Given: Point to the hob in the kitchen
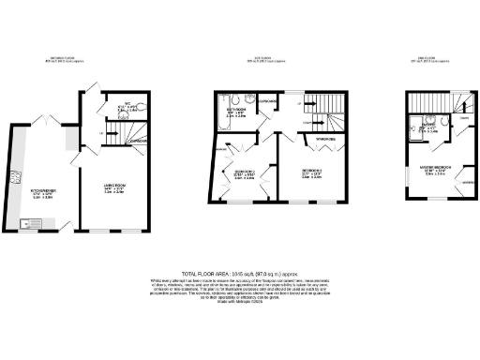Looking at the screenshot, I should tap(15, 176).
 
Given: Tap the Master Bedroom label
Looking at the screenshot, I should tap(438, 169).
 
